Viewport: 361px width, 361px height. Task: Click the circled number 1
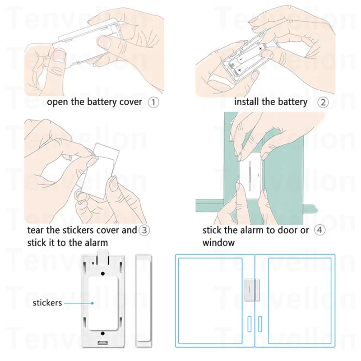[153, 102]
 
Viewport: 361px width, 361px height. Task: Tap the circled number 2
[323, 102]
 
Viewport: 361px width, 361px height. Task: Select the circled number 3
[144, 230]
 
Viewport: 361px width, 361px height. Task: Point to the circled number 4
[320, 230]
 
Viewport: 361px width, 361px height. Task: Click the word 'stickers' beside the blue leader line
[47, 303]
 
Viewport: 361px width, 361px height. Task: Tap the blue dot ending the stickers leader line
[93, 303]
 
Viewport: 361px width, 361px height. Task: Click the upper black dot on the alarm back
[103, 273]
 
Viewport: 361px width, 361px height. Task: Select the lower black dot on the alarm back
[103, 333]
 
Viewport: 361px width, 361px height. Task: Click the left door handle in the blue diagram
[250, 324]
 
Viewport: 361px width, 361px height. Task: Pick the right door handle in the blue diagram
[260, 324]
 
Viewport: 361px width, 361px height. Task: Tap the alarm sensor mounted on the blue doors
[251, 290]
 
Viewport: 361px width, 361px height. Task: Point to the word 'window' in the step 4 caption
[218, 243]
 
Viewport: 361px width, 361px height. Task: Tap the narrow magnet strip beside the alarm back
[143, 301]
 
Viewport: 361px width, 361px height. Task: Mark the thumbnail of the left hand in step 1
[59, 56]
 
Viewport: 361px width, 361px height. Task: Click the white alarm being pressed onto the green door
[251, 173]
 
